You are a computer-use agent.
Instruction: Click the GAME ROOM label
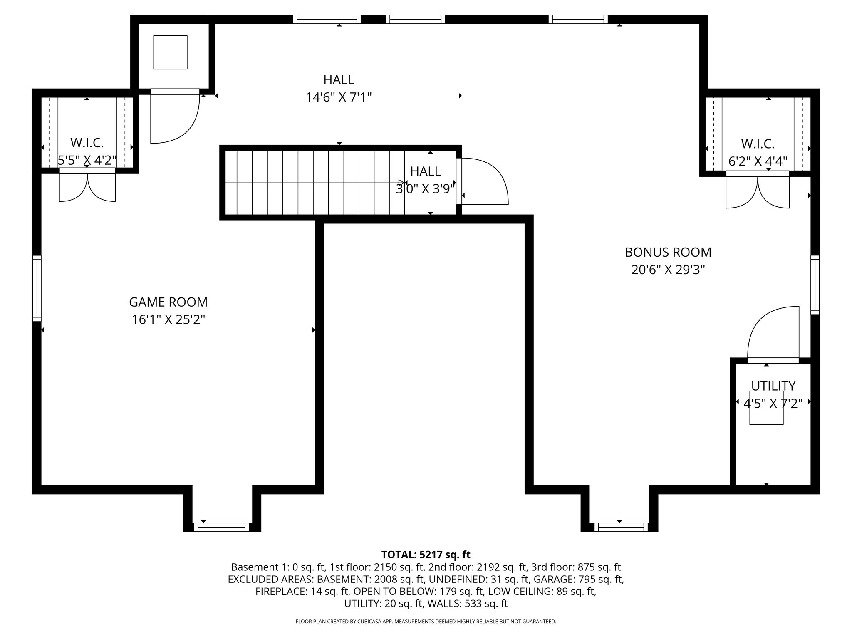[168, 302]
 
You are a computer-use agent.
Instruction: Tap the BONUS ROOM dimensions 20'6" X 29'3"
[668, 270]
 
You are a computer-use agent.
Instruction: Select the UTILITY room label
[773, 386]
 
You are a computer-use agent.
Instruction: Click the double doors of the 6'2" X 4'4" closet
[757, 192]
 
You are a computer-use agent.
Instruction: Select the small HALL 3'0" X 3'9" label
[425, 171]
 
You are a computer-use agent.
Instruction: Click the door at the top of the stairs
[483, 182]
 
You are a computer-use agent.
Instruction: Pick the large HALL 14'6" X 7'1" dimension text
[338, 97]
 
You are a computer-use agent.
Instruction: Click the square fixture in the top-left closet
[170, 52]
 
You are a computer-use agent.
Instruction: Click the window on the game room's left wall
[37, 288]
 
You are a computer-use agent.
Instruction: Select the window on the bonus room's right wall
[815, 285]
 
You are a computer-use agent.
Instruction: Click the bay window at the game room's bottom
[221, 527]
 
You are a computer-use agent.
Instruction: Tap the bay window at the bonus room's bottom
[621, 527]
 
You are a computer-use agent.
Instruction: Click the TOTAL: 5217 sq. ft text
[426, 555]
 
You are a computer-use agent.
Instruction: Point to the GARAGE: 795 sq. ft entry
[578, 579]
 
